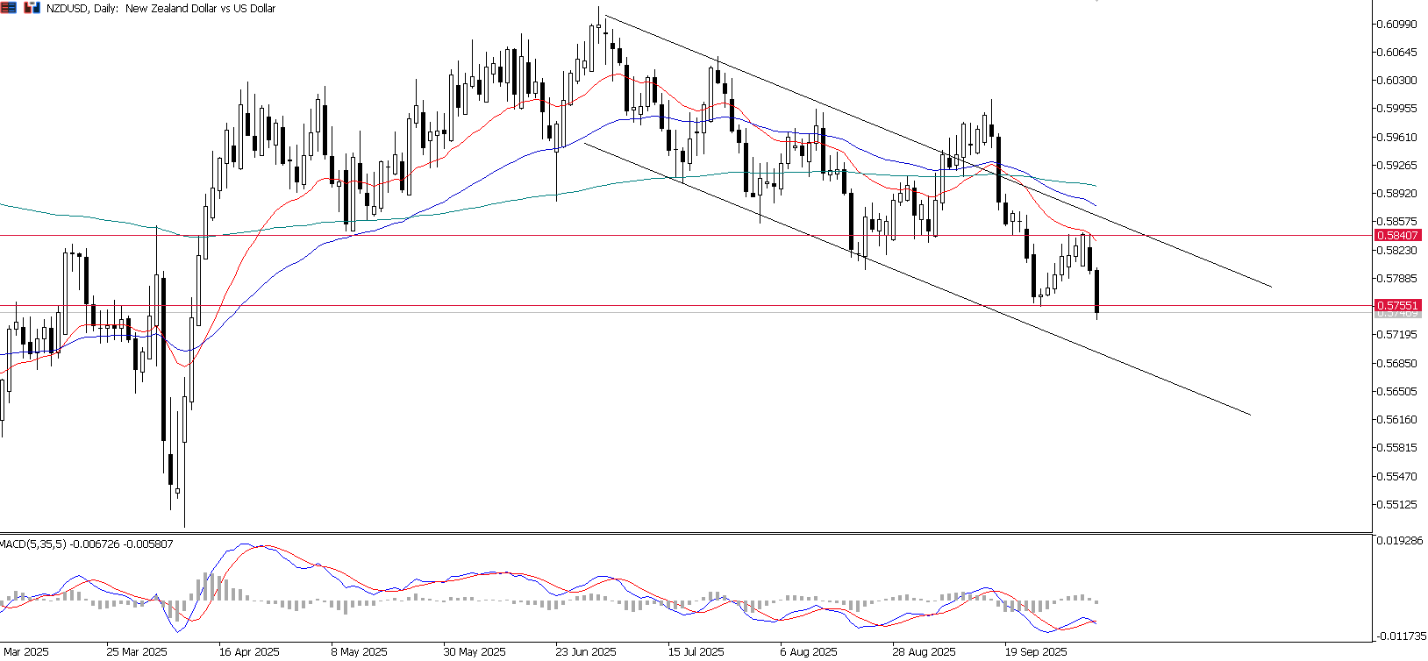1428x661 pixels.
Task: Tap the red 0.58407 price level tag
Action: coord(1397,236)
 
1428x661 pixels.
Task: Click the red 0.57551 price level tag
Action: coord(1397,306)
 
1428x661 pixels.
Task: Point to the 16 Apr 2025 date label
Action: coord(249,652)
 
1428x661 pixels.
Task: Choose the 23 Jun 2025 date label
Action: coord(586,652)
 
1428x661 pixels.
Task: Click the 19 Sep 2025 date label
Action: coord(1036,652)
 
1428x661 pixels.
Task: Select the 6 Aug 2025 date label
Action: coord(809,652)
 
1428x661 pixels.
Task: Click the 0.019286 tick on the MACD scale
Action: coord(1399,541)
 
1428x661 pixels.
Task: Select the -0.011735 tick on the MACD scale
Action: coord(1399,636)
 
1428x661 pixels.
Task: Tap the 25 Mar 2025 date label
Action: coord(137,652)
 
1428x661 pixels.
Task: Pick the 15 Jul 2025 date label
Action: coord(696,652)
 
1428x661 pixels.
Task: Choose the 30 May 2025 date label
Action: coord(475,652)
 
